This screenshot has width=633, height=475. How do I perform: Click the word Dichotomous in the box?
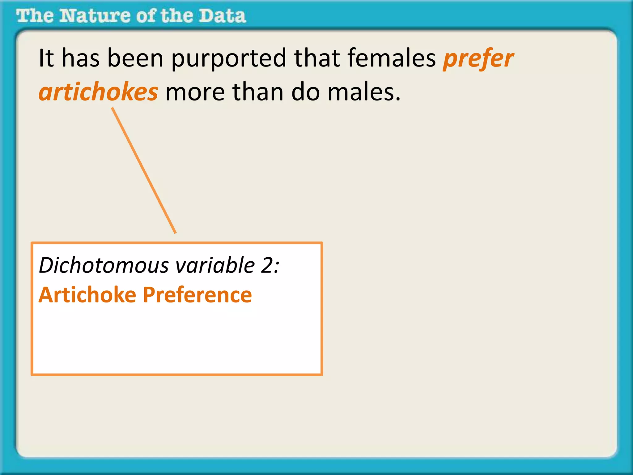104,265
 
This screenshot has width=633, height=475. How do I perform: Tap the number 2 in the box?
266,265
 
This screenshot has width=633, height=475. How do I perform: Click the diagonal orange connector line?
144,170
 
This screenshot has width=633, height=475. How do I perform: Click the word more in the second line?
195,93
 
